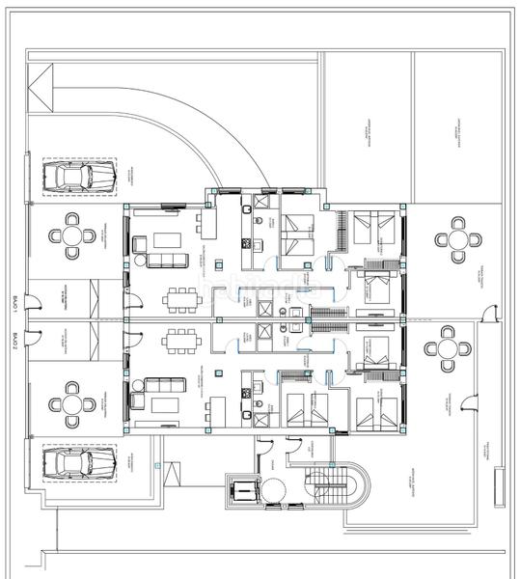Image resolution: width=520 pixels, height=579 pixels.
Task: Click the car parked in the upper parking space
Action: pyautogui.click(x=80, y=176)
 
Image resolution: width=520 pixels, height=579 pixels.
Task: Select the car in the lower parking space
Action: pyautogui.click(x=80, y=463)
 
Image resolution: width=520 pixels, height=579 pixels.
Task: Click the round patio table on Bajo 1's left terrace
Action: pyautogui.click(x=73, y=235)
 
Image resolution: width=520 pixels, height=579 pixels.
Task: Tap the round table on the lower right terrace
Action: pyautogui.click(x=448, y=348)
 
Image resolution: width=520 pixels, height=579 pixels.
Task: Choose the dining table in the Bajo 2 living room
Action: pyautogui.click(x=180, y=339)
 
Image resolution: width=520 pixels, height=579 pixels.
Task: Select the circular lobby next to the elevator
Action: pyautogui.click(x=277, y=490)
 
